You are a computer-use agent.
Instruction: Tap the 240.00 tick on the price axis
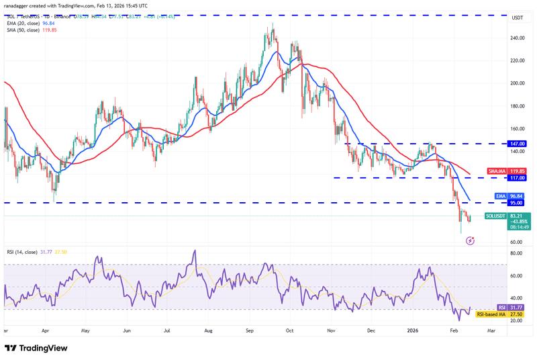[517, 38]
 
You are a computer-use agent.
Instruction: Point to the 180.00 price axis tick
[517, 106]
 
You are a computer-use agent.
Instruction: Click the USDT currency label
[518, 18]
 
